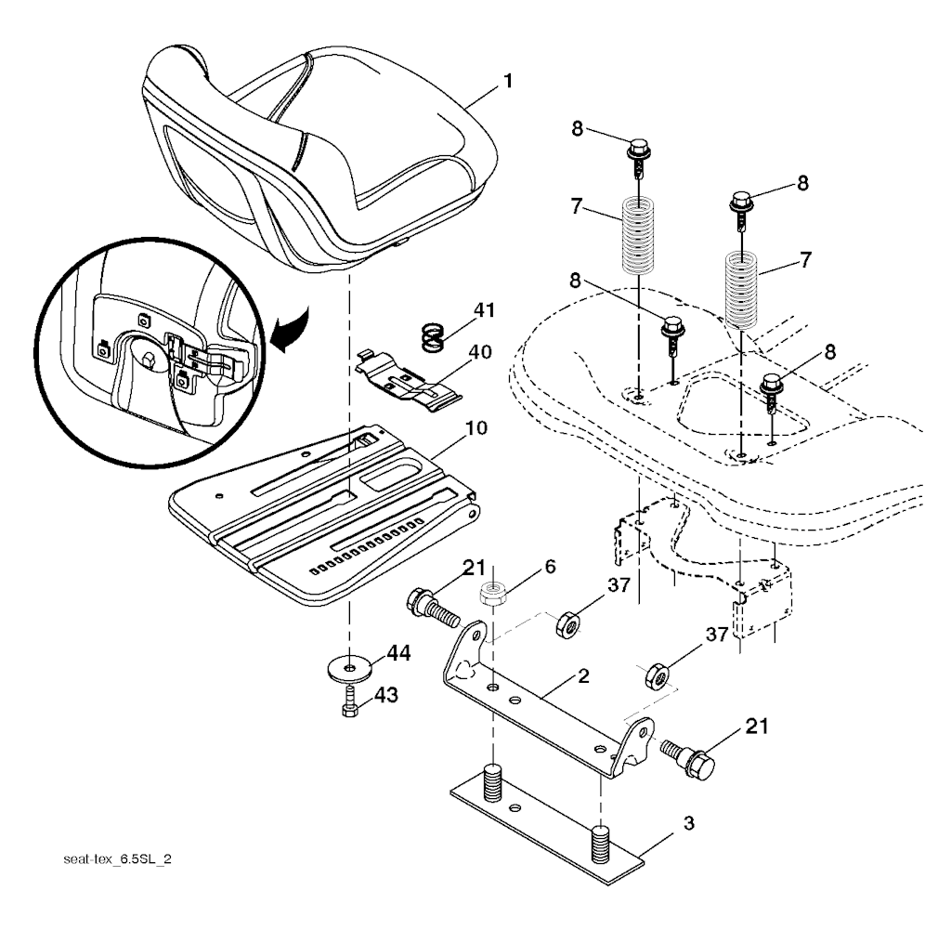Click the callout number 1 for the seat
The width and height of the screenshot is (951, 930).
tap(508, 81)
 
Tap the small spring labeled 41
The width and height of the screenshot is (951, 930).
tap(434, 337)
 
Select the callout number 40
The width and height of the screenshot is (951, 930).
tap(480, 352)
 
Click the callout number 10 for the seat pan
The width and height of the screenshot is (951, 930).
tap(476, 427)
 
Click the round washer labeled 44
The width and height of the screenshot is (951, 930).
tap(349, 669)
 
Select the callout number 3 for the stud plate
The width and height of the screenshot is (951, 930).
tap(688, 824)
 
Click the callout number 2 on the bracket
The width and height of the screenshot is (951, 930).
tap(583, 675)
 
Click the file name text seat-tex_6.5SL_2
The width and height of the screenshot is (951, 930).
tap(118, 859)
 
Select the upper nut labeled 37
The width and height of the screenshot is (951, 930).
tap(568, 625)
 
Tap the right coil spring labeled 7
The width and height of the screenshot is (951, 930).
tap(742, 290)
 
